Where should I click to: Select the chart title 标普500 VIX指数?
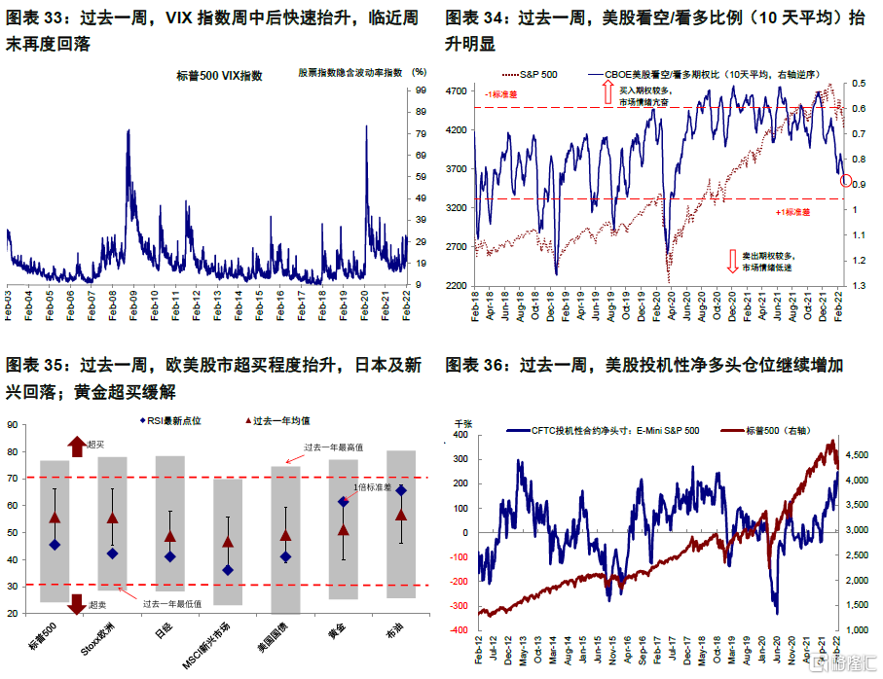[x=220, y=75]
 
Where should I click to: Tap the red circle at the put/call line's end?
[x=845, y=179]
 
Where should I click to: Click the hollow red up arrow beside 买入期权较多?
[x=608, y=93]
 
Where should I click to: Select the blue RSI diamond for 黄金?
[x=343, y=502]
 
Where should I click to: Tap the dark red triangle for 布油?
[x=401, y=515]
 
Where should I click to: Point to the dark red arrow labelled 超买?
[x=77, y=446]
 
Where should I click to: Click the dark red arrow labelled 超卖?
[x=77, y=604]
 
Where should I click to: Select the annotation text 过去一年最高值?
[x=335, y=447]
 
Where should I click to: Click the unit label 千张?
[x=465, y=423]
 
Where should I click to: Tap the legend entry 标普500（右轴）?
[x=773, y=430]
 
